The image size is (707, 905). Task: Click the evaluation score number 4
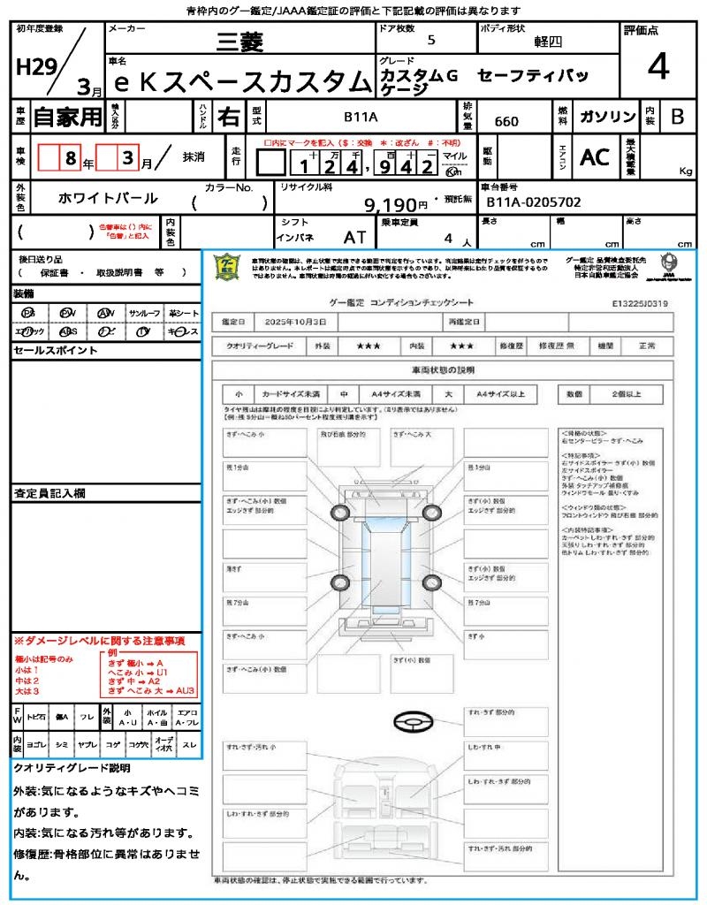point(657,66)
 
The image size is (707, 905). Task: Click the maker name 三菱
point(241,41)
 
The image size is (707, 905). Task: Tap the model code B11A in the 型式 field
point(361,116)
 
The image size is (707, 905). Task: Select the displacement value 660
point(506,121)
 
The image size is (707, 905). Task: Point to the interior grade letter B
point(677,117)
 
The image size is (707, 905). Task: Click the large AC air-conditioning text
point(595,157)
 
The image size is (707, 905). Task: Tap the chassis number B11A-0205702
point(533,202)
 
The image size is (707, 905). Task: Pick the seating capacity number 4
point(448,239)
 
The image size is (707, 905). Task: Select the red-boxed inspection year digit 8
point(68,159)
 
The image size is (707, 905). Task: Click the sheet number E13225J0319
point(640,303)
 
